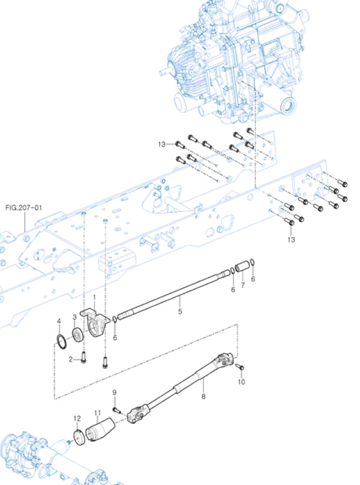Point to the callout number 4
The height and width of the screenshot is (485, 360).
(x=59, y=322)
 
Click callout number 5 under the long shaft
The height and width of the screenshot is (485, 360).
(x=179, y=311)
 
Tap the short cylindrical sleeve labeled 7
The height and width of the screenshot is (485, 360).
(x=242, y=265)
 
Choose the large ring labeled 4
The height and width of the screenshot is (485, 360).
(x=61, y=342)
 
